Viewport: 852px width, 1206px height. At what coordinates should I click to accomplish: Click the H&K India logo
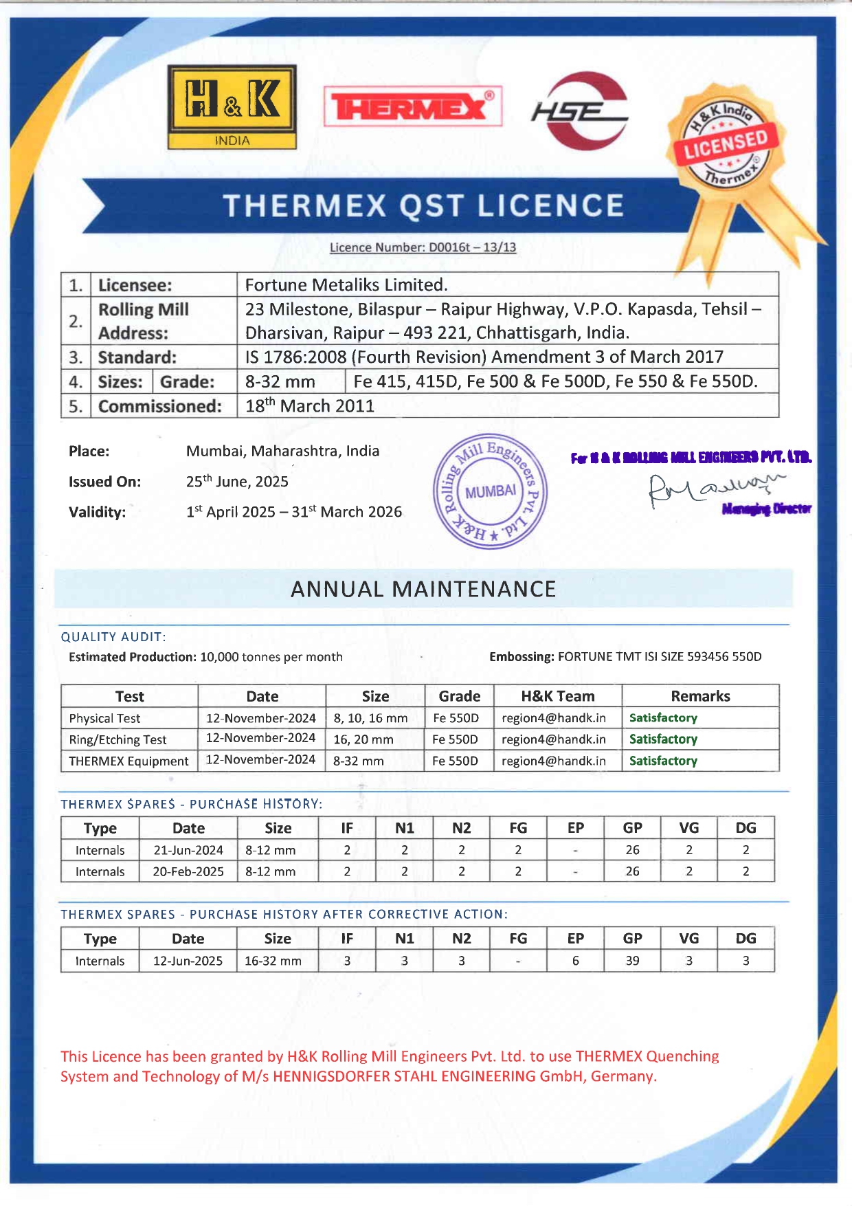(232, 107)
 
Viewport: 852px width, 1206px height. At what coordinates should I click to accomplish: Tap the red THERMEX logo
(412, 106)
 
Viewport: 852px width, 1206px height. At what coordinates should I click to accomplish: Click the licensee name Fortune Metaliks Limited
(346, 284)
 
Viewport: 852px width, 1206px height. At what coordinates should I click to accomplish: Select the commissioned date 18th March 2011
(310, 406)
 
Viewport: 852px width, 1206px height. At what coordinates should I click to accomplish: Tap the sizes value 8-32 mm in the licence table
(280, 381)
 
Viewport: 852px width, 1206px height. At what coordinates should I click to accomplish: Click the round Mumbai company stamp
(490, 491)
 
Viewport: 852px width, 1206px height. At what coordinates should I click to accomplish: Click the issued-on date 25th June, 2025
(237, 482)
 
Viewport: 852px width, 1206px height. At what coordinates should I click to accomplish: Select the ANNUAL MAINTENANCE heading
(423, 589)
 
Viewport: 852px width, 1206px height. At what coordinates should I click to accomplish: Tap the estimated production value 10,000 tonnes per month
(271, 657)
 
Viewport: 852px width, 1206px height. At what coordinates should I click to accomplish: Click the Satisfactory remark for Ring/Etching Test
(663, 739)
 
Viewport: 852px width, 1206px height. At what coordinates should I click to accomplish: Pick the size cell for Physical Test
(370, 718)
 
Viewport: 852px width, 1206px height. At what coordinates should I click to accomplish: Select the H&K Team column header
(557, 696)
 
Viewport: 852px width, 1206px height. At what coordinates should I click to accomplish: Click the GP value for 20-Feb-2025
(632, 871)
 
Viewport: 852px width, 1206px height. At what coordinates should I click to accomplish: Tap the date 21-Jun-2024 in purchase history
(188, 850)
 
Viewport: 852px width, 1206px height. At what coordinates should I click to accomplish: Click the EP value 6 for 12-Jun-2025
(575, 961)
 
